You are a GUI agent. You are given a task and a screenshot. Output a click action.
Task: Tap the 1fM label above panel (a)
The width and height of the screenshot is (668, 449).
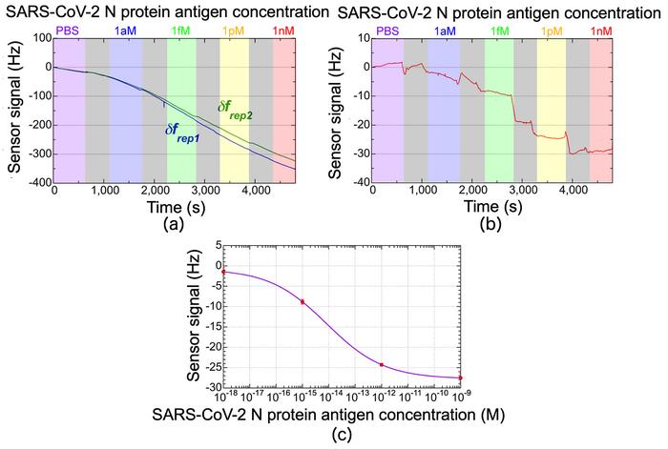point(180,31)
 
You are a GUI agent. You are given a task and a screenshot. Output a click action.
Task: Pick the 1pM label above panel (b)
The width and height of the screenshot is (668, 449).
point(551,31)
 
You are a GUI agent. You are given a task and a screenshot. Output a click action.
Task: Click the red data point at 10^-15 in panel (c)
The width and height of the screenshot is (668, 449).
point(303,301)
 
